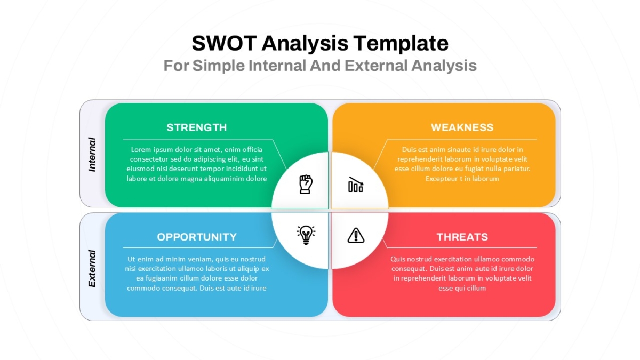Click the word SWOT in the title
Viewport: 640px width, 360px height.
(x=224, y=43)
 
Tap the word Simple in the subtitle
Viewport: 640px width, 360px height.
(x=219, y=66)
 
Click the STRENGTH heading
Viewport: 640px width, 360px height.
(x=197, y=127)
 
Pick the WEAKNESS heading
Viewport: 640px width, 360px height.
(x=462, y=127)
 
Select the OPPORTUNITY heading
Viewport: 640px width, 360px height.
(x=197, y=237)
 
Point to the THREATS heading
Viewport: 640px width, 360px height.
(x=462, y=237)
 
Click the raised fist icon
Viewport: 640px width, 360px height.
(x=306, y=185)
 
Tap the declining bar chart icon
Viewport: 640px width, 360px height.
(x=356, y=185)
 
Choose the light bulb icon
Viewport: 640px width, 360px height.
(x=306, y=235)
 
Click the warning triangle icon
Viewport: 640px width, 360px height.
(x=356, y=235)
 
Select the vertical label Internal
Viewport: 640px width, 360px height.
(x=92, y=155)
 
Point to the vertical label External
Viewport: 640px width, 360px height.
(x=92, y=269)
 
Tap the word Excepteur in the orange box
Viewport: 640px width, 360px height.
(x=442, y=179)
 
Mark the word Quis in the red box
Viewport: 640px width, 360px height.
(x=398, y=259)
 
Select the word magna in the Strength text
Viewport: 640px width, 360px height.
(x=193, y=179)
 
